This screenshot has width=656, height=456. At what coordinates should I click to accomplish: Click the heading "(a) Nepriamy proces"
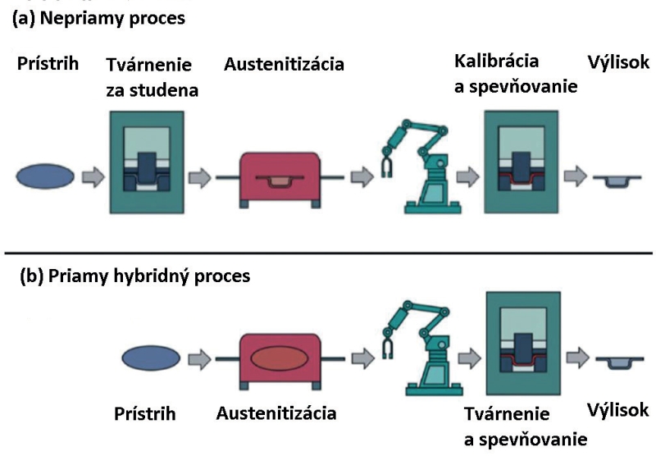point(98,19)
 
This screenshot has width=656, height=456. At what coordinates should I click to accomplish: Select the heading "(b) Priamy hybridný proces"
point(135,276)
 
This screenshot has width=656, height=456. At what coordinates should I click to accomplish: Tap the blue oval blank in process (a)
point(45,176)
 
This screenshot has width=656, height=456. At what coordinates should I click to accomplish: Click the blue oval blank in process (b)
point(151,358)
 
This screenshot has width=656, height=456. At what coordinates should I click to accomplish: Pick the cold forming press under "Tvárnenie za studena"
point(147,162)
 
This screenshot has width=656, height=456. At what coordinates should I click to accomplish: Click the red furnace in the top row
point(280,179)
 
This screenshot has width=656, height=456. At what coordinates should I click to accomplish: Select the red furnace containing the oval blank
point(280,361)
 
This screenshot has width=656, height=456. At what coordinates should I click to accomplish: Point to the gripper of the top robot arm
point(387,167)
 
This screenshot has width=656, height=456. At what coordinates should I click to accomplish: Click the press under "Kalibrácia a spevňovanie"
point(522,162)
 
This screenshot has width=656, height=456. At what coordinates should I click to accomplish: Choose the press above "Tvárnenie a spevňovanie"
point(523,343)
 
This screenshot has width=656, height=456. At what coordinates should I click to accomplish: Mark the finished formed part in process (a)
point(617,180)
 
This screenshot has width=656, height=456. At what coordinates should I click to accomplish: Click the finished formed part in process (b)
point(620,363)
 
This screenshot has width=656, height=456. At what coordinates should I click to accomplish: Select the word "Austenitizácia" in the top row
point(284,65)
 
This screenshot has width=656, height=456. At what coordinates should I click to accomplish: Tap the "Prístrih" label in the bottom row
point(145,413)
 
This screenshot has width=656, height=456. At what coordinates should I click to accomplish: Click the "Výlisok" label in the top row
point(618,62)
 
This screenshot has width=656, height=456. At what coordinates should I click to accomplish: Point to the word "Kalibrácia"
point(497,61)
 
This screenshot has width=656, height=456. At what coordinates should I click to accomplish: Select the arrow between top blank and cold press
point(93,177)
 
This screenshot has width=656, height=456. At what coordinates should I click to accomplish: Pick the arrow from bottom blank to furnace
point(199,359)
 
